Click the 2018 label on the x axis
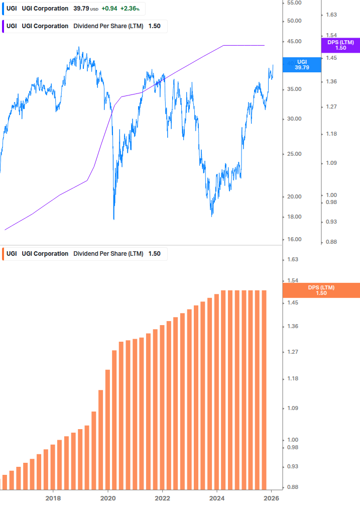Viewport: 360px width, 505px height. [x=53, y=498]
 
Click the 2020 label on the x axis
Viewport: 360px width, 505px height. [x=108, y=498]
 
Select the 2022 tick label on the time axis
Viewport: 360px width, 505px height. [x=162, y=498]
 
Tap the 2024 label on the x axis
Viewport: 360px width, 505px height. [x=217, y=498]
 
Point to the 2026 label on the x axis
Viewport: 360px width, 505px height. [x=271, y=498]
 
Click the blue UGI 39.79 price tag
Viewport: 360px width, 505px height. [x=302, y=64]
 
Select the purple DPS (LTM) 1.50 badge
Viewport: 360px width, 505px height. [x=340, y=45]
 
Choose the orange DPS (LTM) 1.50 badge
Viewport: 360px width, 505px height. [x=321, y=290]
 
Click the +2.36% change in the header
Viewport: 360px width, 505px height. [x=130, y=9]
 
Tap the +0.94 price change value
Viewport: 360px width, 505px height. [x=109, y=9]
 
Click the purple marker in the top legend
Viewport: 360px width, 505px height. [x=4, y=26]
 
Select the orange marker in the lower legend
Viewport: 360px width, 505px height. [x=4, y=254]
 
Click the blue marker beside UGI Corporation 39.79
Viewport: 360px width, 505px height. [x=4, y=9]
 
